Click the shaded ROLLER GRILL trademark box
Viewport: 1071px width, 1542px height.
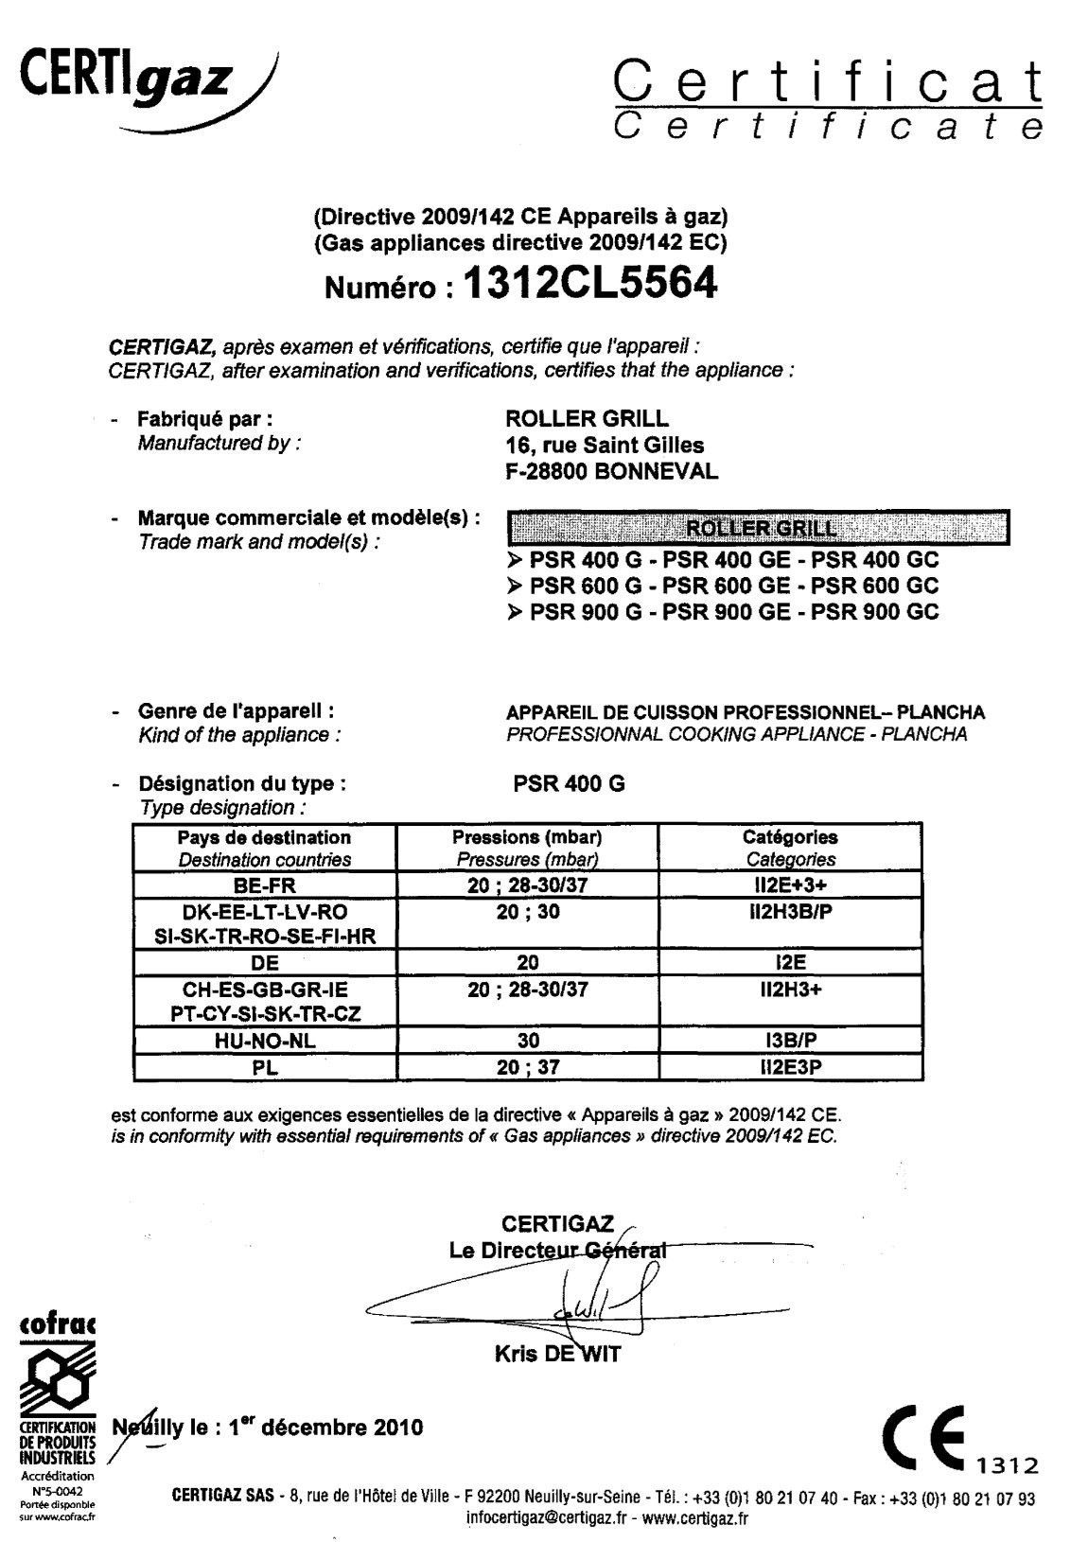[759, 528]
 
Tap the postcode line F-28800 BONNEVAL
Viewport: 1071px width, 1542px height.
[611, 470]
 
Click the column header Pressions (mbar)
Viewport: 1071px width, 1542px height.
[527, 837]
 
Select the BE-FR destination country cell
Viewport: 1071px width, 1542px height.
[264, 885]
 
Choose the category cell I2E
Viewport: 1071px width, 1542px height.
[789, 962]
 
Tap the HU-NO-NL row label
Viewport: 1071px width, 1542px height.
[264, 1040]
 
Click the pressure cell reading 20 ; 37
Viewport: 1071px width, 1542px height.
[527, 1066]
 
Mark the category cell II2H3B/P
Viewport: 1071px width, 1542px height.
[789, 911]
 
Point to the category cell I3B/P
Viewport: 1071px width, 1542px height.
[789, 1040]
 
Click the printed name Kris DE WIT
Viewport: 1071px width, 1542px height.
[557, 1354]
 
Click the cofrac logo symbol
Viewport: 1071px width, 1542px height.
[56, 1381]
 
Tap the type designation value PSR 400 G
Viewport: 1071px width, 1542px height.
[566, 784]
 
